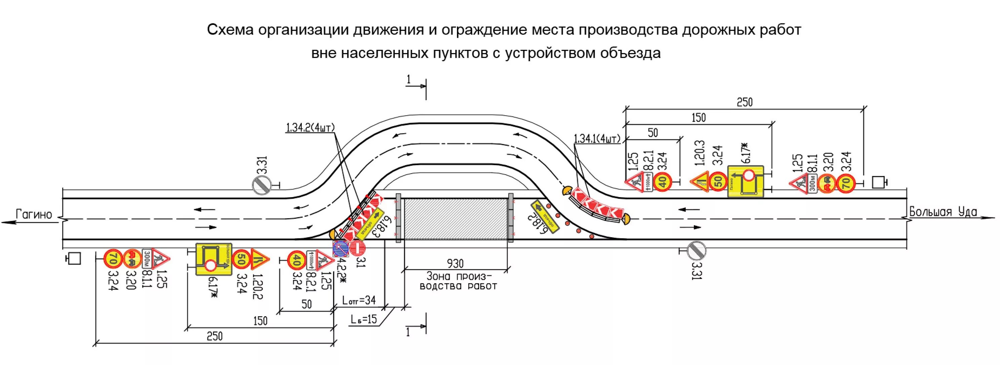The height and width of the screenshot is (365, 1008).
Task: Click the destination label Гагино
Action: click(34, 214)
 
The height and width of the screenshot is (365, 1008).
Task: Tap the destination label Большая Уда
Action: click(943, 212)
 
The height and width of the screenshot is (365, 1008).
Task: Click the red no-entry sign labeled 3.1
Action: click(358, 249)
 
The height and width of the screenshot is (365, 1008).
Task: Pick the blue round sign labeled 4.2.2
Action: click(340, 249)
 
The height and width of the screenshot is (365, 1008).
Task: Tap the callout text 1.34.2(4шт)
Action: click(310, 128)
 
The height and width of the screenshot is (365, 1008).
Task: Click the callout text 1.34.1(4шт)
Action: click(597, 139)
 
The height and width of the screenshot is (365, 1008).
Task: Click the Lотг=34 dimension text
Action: click(359, 300)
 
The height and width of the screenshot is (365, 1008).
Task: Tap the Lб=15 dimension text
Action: click(364, 319)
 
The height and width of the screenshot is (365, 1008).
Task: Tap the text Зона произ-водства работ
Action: click(458, 281)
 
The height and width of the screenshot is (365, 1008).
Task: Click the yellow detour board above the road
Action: click(746, 181)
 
